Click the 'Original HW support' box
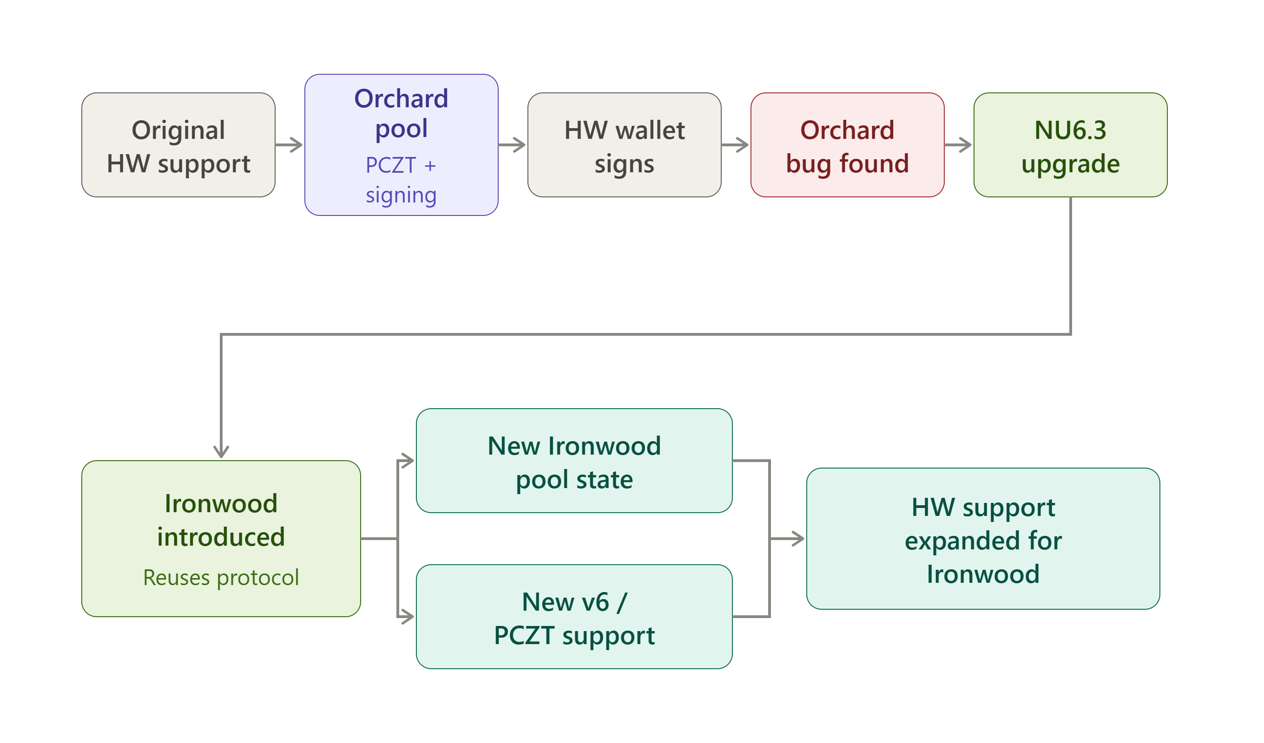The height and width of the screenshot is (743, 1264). [178, 145]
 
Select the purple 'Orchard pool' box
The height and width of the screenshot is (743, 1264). [401, 145]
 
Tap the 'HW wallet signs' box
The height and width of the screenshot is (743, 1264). [625, 145]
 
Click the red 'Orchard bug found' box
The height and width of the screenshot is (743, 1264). [848, 145]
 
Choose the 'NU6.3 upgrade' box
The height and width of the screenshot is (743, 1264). [1070, 145]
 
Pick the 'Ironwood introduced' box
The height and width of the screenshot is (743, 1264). [221, 539]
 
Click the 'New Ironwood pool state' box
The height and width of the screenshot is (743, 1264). [574, 461]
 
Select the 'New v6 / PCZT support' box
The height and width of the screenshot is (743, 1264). [574, 617]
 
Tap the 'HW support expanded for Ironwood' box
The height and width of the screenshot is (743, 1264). [983, 539]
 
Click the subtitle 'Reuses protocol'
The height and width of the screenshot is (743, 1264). [221, 578]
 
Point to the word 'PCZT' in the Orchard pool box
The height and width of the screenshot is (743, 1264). [391, 165]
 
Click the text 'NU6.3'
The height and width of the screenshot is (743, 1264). [1070, 130]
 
